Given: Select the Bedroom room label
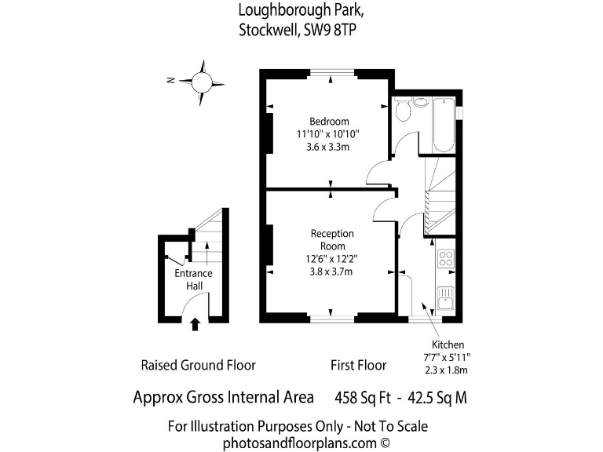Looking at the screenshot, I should (x=328, y=121).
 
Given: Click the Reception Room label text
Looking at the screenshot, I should (x=332, y=239).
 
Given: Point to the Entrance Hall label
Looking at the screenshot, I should (x=193, y=279).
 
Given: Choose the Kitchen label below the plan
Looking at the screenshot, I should (x=448, y=344).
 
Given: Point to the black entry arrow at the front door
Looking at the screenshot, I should (x=195, y=323).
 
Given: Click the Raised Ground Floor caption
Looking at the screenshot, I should (x=198, y=365).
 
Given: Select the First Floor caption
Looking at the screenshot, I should (x=358, y=365).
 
